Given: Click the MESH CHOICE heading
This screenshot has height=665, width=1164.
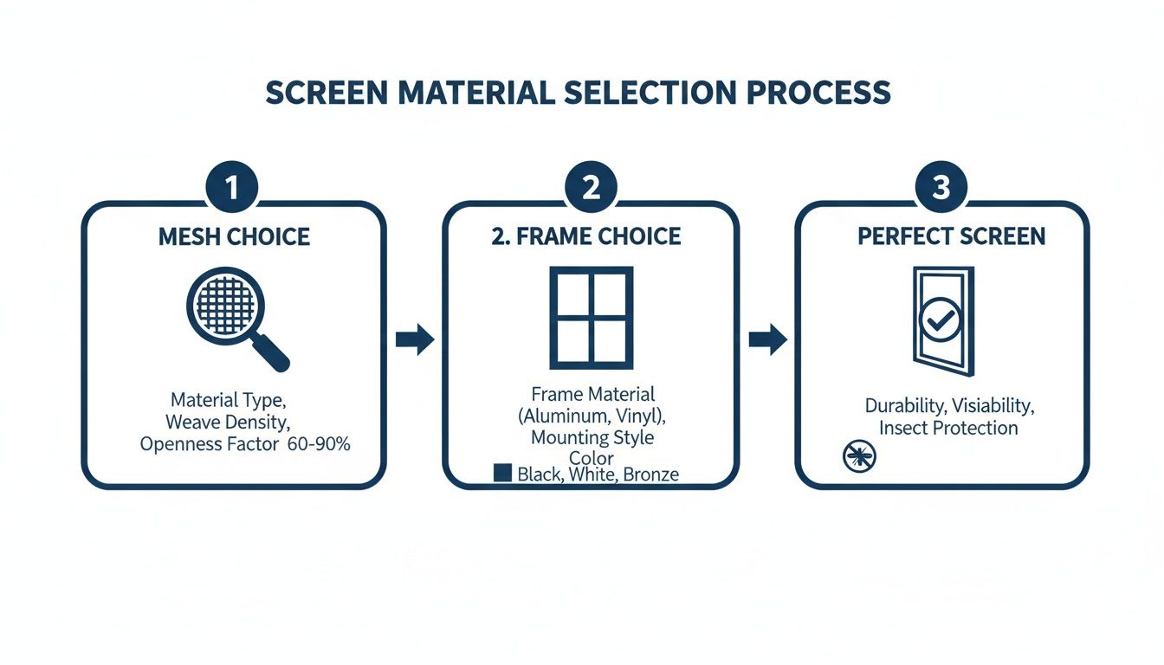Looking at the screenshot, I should [234, 237].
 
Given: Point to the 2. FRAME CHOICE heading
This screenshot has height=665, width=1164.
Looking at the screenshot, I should [586, 237].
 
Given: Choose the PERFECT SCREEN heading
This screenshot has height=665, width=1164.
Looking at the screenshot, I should [951, 236].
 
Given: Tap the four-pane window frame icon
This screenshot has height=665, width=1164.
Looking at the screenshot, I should [591, 317].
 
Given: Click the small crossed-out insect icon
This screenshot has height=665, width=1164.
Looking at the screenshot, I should [859, 456].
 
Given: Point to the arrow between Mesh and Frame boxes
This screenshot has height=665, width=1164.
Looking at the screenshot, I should [415, 340].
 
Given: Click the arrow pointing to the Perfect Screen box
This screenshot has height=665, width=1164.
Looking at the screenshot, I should [767, 340].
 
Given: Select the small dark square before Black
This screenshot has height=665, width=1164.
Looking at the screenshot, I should [501, 473].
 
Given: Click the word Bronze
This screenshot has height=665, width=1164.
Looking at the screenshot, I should [650, 474].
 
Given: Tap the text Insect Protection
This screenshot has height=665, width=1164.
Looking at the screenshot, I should [948, 428].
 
